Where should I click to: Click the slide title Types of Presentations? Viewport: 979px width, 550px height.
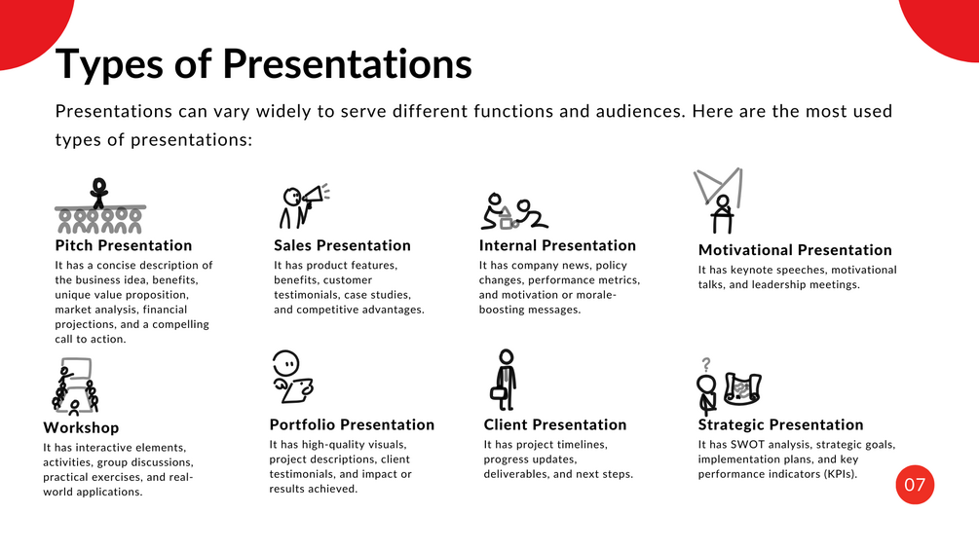(263, 65)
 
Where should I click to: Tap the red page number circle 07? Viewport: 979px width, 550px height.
(915, 485)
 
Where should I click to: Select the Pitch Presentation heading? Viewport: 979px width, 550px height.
(124, 245)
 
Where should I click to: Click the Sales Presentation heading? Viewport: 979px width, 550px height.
(342, 245)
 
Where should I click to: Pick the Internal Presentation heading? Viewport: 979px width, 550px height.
(557, 245)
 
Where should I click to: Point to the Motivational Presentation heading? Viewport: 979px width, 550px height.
(795, 250)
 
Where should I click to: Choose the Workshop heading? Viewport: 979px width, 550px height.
(81, 427)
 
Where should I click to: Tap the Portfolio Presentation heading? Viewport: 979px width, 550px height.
(352, 424)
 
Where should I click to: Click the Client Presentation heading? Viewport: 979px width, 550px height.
(555, 424)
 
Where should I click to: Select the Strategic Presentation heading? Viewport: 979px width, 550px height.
(780, 424)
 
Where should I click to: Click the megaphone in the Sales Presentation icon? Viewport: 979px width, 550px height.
(315, 196)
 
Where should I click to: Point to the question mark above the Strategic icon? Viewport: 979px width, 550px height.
(706, 364)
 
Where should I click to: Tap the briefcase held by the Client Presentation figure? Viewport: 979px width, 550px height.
(499, 394)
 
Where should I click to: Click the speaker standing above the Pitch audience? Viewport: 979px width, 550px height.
(98, 192)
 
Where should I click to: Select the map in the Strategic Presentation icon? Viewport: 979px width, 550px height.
(742, 389)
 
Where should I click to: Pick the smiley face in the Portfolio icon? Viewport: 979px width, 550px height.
(286, 363)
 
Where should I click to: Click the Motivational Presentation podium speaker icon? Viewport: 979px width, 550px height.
(719, 201)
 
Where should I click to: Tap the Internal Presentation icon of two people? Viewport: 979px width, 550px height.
(514, 211)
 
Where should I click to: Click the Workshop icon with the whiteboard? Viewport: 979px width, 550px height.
(76, 386)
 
